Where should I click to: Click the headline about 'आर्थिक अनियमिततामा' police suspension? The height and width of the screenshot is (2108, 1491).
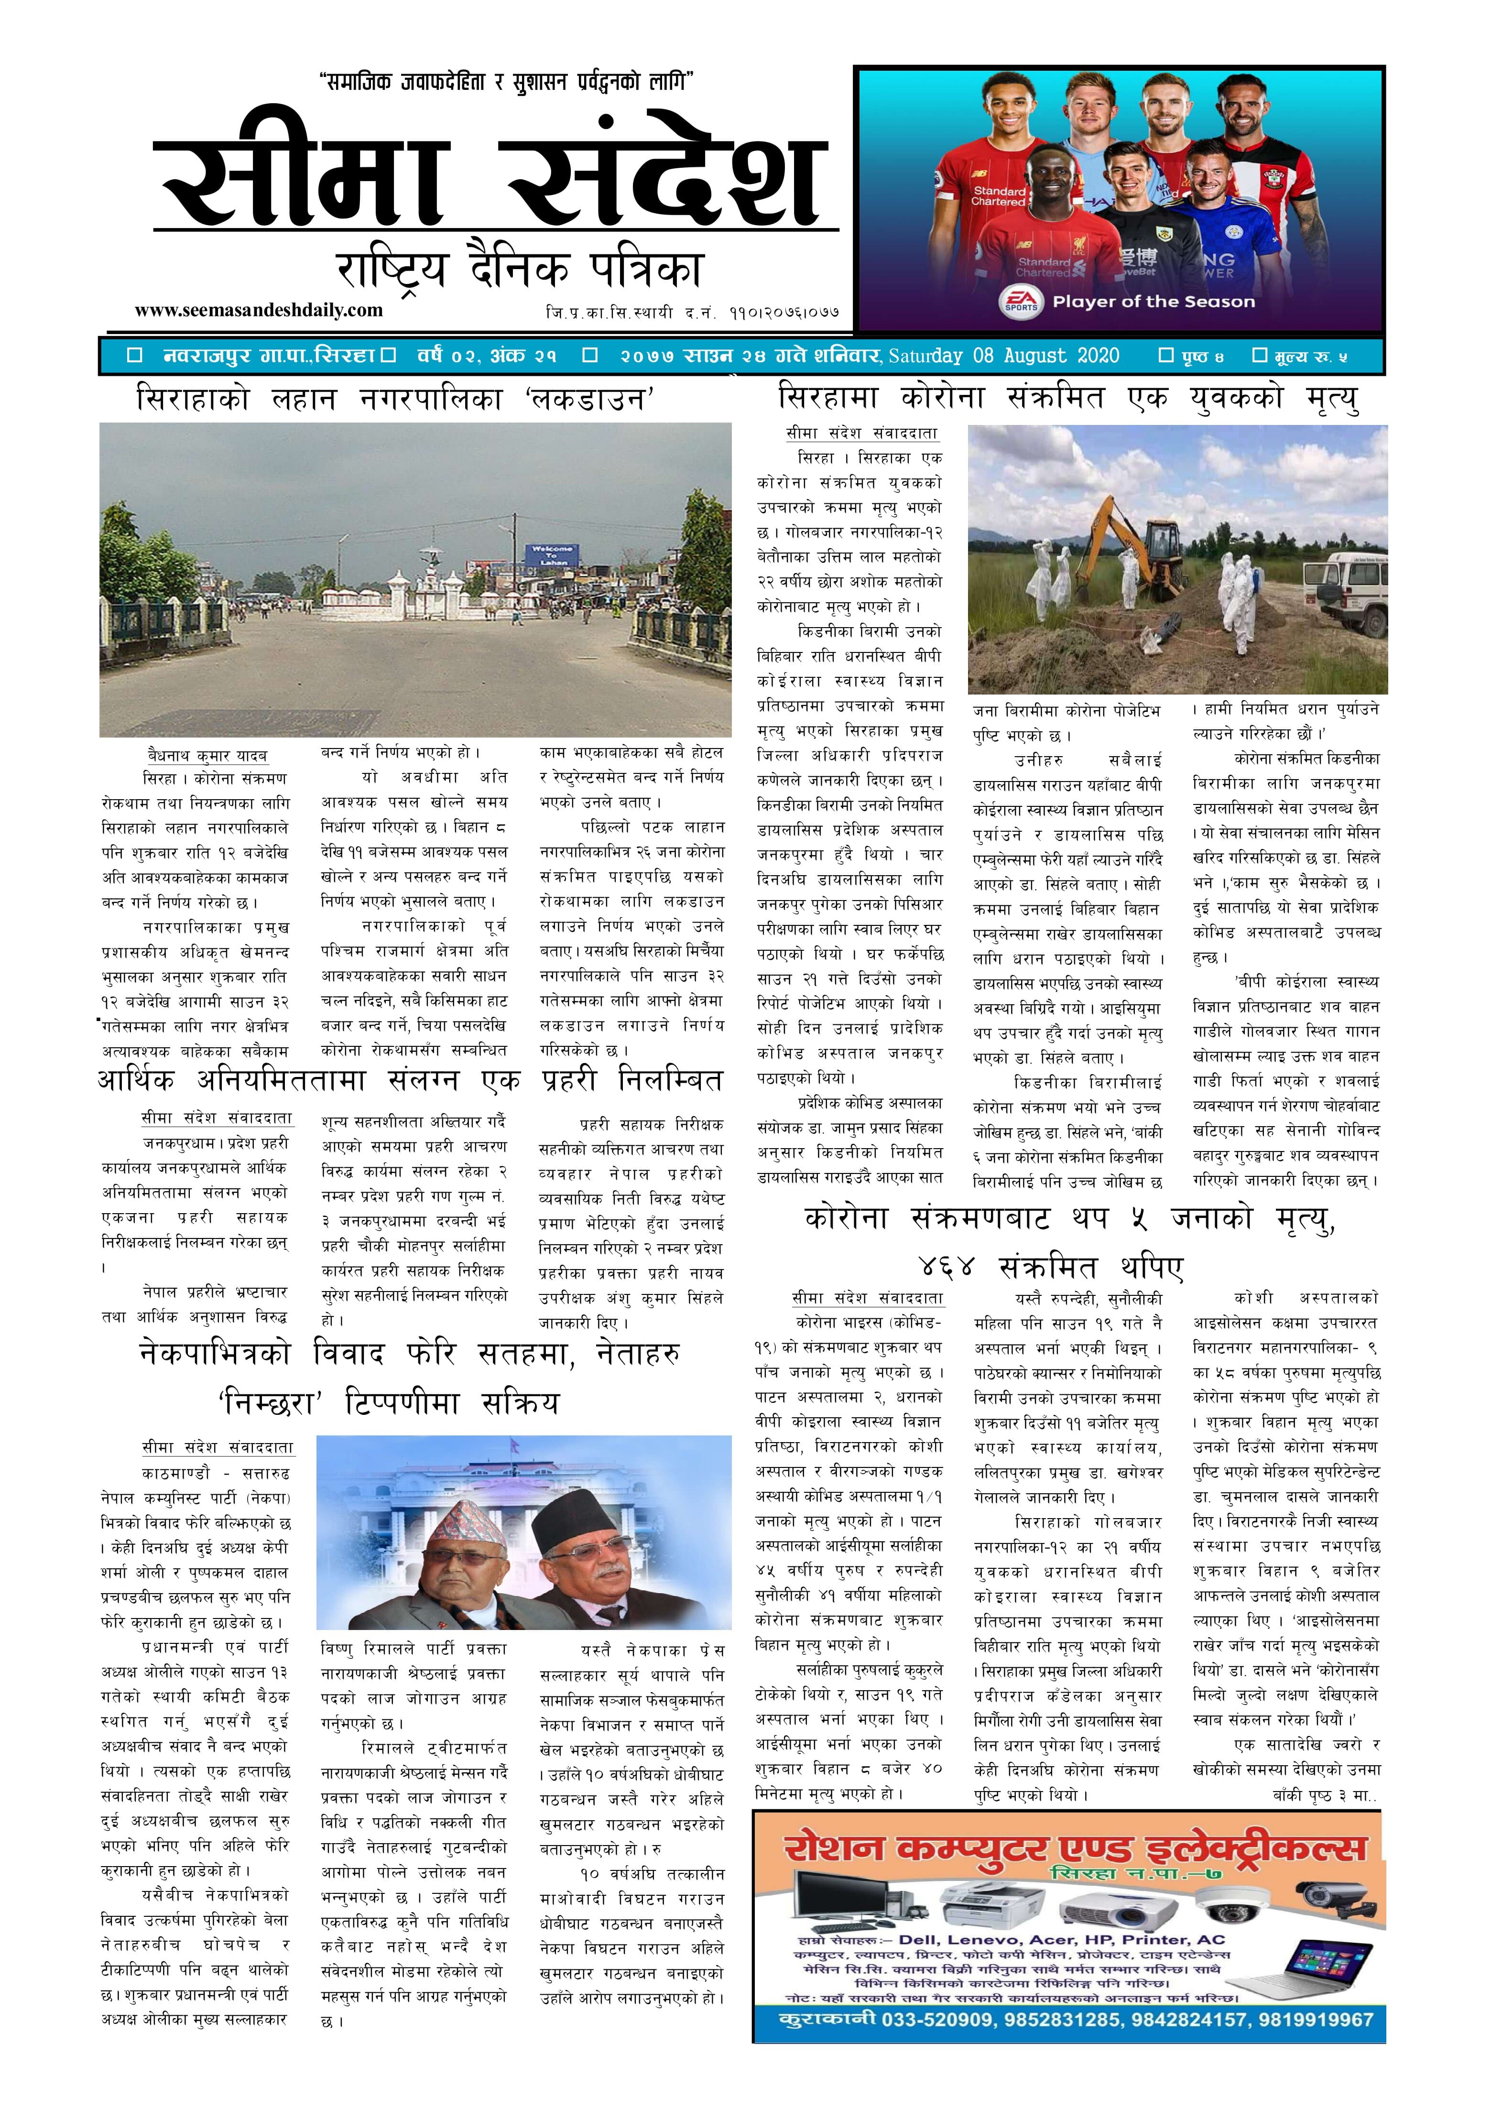tap(410, 1081)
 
